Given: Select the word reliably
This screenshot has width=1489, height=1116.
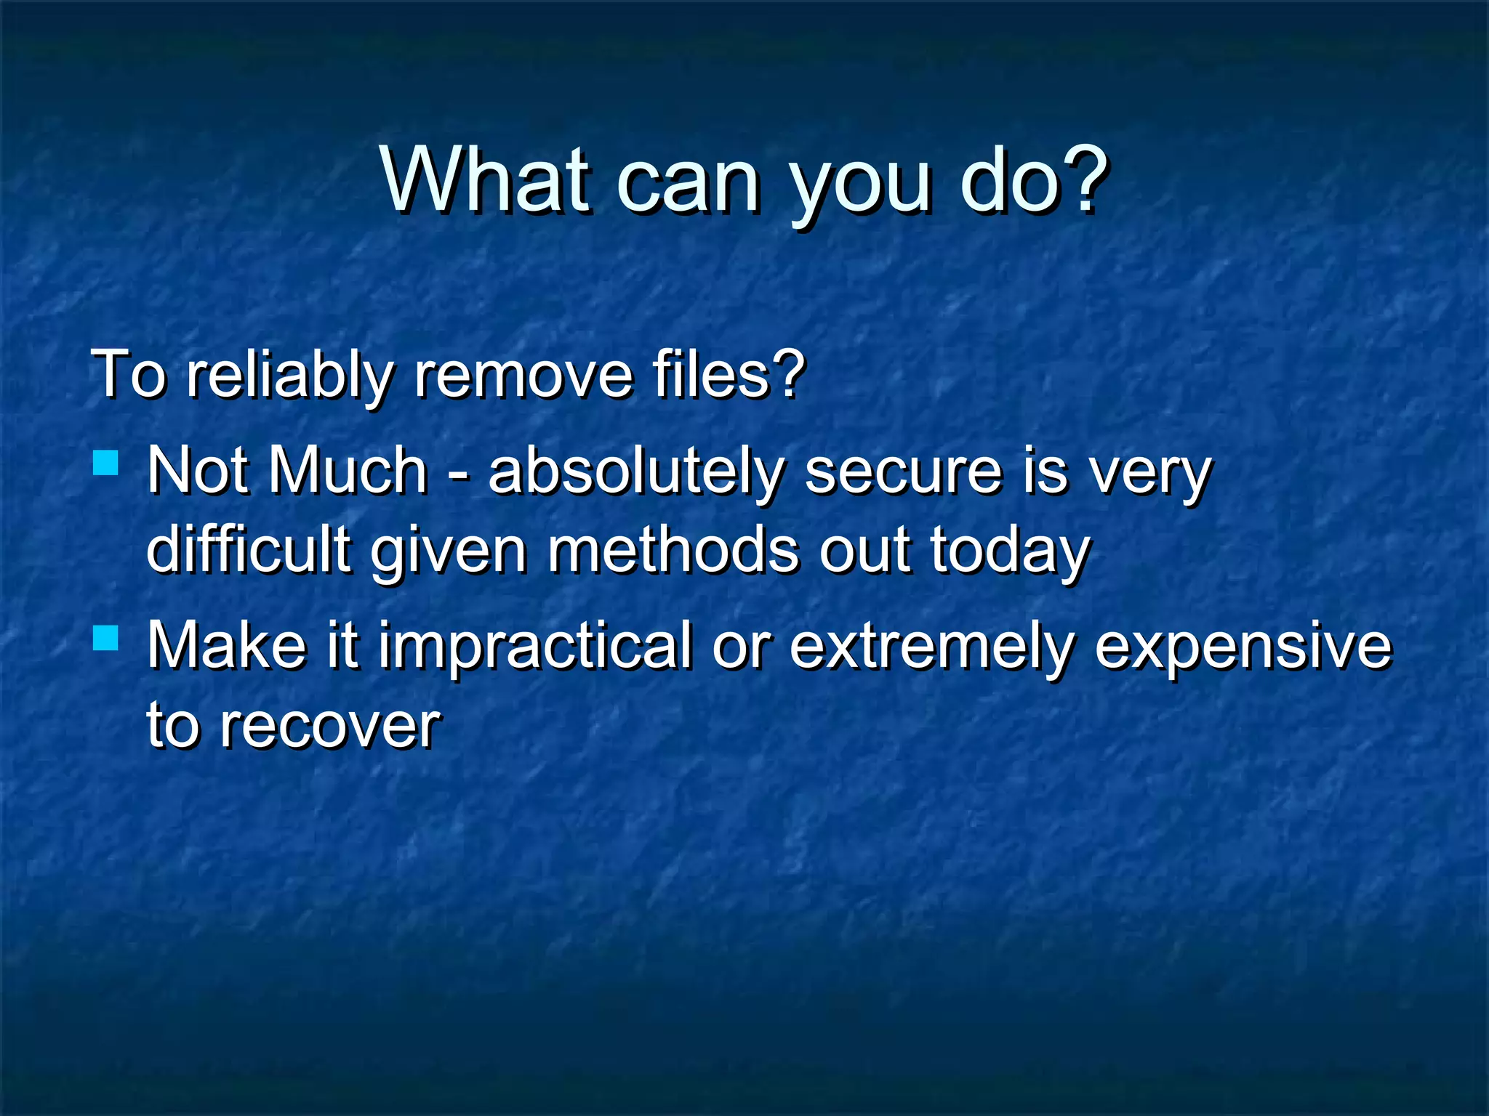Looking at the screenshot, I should point(289,375).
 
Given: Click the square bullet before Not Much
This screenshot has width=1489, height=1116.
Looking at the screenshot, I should point(106,463).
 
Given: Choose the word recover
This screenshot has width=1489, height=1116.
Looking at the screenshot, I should point(330,725).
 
